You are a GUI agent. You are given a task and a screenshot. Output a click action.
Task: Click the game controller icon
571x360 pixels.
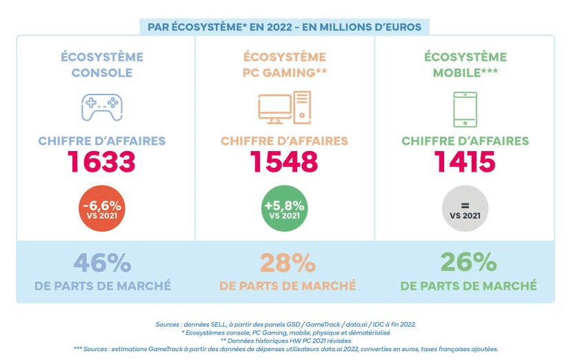pyautogui.click(x=102, y=107)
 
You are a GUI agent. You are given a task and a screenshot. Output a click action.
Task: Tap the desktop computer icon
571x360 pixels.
pyautogui.click(x=284, y=107)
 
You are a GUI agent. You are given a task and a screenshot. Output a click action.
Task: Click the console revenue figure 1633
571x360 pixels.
pyautogui.click(x=101, y=163)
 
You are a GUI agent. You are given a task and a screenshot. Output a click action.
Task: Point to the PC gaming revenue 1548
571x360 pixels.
pyautogui.click(x=284, y=163)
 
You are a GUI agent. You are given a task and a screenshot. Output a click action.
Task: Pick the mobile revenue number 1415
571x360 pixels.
pyautogui.click(x=465, y=163)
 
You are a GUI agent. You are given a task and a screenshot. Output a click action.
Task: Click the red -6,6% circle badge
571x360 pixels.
pyautogui.click(x=102, y=209)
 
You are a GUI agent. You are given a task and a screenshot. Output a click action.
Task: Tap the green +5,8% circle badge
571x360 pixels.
pyautogui.click(x=284, y=209)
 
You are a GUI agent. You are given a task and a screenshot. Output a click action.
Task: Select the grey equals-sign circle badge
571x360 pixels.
pyautogui.click(x=465, y=209)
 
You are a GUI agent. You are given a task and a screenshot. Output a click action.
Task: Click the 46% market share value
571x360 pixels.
pyautogui.click(x=102, y=263)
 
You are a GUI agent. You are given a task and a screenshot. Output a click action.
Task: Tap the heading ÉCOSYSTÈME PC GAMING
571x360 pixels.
pyautogui.click(x=284, y=65)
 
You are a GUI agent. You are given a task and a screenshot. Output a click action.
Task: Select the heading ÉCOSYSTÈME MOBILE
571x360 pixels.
pyautogui.click(x=465, y=65)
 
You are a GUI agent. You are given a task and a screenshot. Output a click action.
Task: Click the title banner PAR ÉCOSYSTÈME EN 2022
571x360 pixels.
pyautogui.click(x=285, y=27)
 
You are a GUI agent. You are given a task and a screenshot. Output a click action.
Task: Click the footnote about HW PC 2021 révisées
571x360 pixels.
pyautogui.click(x=285, y=341)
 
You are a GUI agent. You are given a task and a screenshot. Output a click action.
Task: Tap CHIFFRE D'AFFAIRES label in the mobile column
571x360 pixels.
pyautogui.click(x=465, y=141)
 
